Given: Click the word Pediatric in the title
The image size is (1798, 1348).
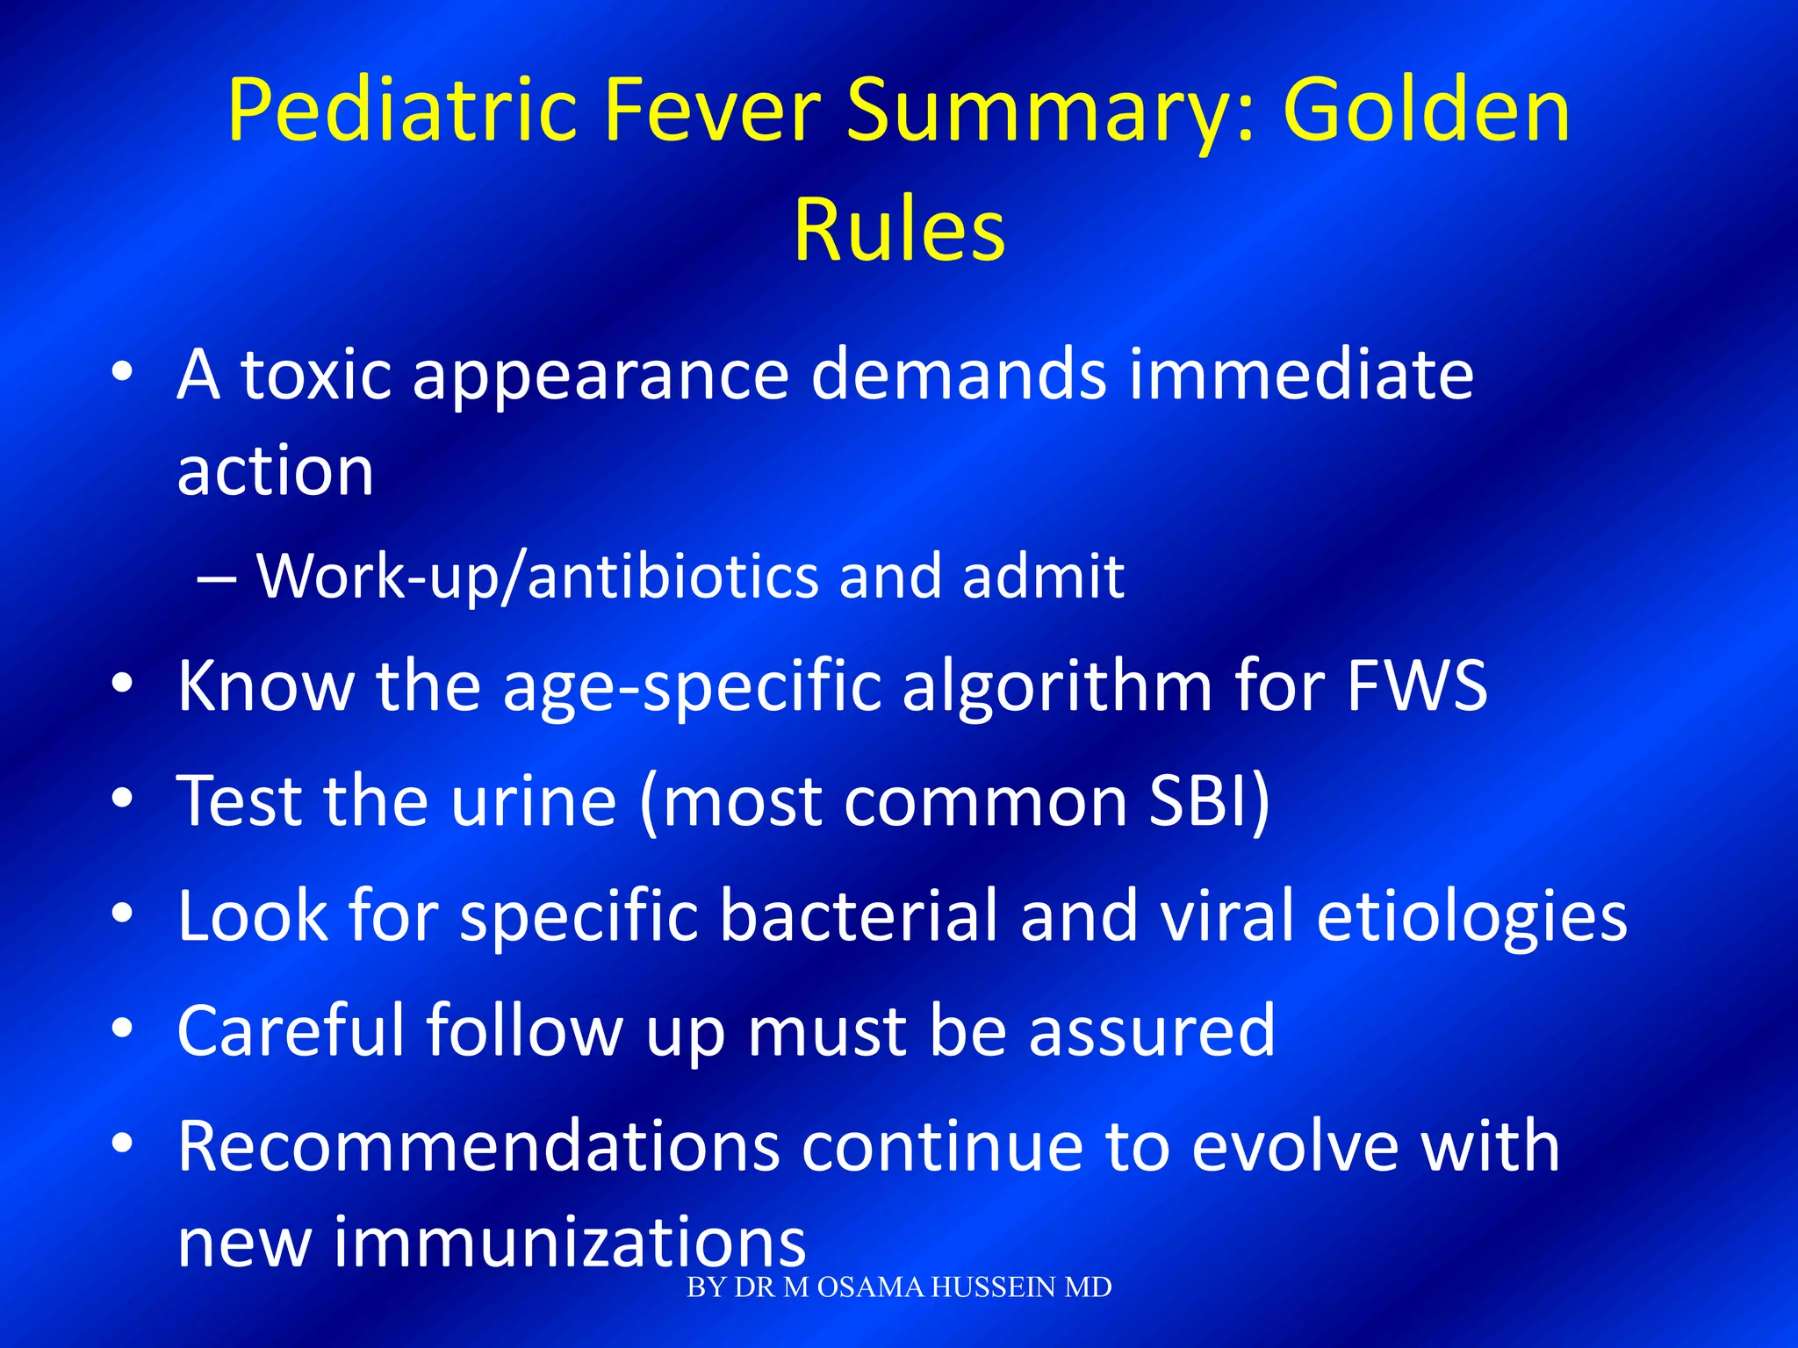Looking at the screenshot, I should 401,111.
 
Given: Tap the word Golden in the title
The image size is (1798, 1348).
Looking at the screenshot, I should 1426,111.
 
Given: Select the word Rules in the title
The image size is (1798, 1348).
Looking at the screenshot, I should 899,230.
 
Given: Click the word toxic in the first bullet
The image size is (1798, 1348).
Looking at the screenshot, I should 316,375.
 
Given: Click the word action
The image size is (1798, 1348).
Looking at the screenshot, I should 276,471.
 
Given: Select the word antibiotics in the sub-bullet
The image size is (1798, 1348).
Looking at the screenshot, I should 672,577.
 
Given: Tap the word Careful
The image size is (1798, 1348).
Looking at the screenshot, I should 291,1030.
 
